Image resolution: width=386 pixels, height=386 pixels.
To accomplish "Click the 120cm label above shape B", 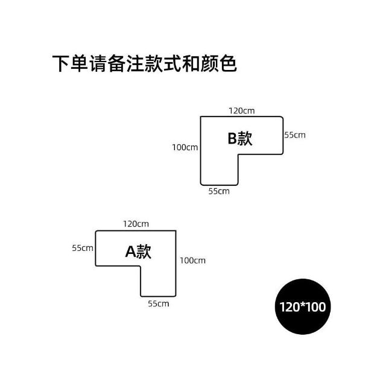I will pyautogui.click(x=241, y=110).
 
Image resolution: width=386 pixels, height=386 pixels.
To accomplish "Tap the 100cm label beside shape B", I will pyautogui.click(x=185, y=147).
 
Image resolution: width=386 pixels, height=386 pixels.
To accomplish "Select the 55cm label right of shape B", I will pyautogui.click(x=295, y=134).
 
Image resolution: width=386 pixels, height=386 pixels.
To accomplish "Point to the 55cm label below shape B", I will pyautogui.click(x=219, y=191).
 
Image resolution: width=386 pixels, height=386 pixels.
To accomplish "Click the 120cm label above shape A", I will pyautogui.click(x=136, y=224).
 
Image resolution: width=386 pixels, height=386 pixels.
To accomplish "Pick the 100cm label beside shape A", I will pyautogui.click(x=192, y=261).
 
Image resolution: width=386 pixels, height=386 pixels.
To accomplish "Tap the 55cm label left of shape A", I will pyautogui.click(x=83, y=248).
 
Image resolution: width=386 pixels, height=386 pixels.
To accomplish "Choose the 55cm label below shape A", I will pyautogui.click(x=159, y=303).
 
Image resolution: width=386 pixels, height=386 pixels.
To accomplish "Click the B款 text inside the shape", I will pyautogui.click(x=239, y=139).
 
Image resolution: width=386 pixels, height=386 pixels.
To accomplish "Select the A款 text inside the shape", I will pyautogui.click(x=138, y=252).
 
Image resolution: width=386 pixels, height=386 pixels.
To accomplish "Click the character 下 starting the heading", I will pyautogui.click(x=62, y=65).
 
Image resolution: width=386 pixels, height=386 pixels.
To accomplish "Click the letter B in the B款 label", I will pyautogui.click(x=232, y=139).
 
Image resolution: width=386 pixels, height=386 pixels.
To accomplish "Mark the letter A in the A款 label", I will pyautogui.click(x=130, y=252).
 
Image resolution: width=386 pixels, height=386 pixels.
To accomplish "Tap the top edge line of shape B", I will pyautogui.click(x=241, y=117).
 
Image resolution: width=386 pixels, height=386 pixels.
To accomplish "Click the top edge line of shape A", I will pyautogui.click(x=136, y=230).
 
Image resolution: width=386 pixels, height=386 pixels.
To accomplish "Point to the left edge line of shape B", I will pyautogui.click(x=201, y=151).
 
